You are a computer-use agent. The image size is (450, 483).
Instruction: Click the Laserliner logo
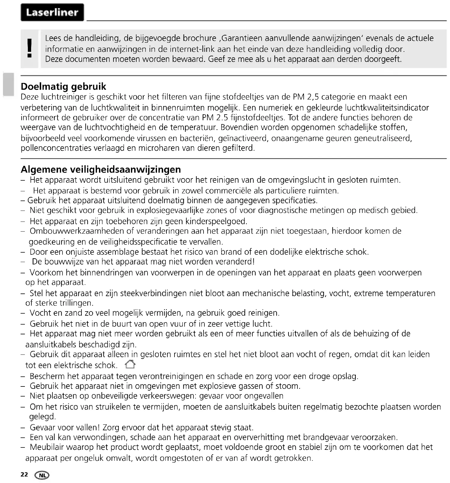pos(52,12)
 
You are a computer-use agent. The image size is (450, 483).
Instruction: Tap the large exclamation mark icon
pos(29,49)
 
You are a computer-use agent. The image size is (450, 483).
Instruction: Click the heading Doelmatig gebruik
pos(63,86)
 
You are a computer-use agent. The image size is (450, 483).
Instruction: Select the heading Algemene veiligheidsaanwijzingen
pos(101,169)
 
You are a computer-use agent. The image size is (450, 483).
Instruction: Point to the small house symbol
pos(130,364)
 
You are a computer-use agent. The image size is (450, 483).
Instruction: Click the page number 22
pos(24,474)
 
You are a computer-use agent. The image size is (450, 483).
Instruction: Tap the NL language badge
pos(42,475)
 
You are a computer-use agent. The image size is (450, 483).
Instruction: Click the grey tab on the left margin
pos(8,84)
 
